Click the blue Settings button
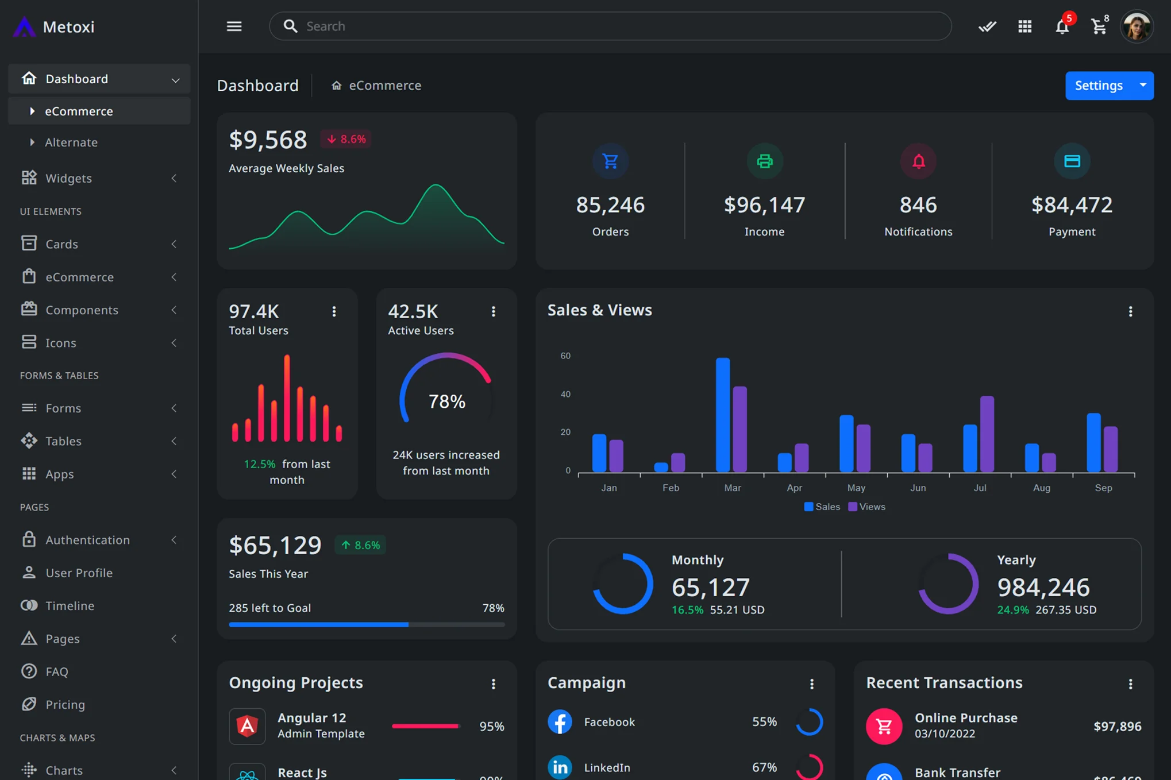coord(1098,86)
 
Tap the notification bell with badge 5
coord(1062,26)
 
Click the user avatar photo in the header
coord(1136,26)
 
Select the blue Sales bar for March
coord(722,415)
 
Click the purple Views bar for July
coord(987,434)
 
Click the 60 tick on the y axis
coord(565,356)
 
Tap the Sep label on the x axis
coord(1103,488)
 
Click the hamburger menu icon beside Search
coord(234,26)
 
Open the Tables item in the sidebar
coord(63,441)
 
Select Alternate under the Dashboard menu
coord(71,142)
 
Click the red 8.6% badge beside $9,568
coord(346,139)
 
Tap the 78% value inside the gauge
coord(446,401)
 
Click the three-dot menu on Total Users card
coord(334,311)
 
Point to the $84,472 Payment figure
coord(1072,205)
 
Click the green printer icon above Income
coord(764,161)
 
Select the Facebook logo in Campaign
coord(559,721)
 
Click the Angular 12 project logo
coord(247,726)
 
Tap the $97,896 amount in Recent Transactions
coord(1117,726)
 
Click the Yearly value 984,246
coord(1043,587)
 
